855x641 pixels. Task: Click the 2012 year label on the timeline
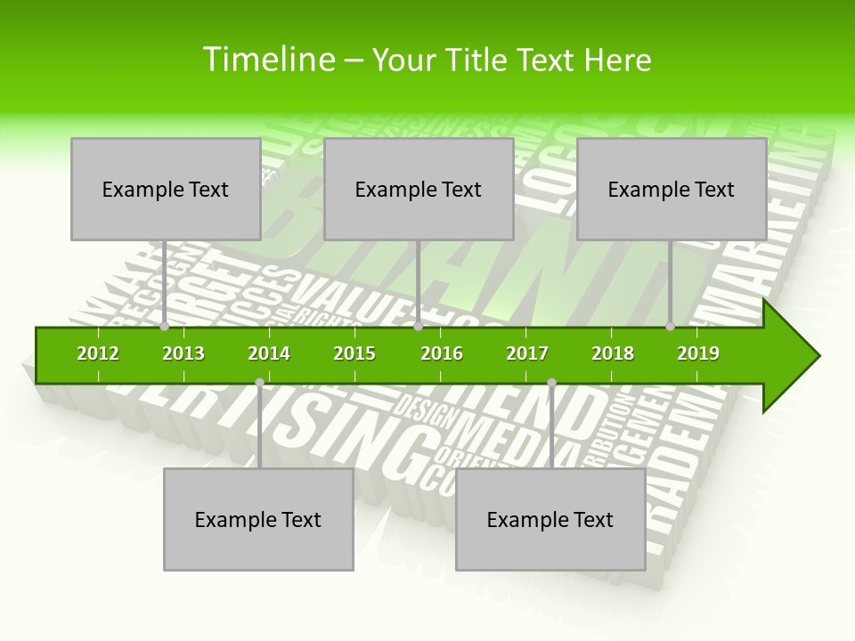coord(98,353)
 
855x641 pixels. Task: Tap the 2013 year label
coord(183,353)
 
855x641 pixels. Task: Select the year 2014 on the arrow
coord(269,353)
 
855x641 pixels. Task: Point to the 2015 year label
coord(354,353)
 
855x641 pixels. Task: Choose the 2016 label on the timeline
coord(442,353)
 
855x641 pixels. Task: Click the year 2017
coord(527,353)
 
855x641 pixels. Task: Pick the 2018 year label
coord(613,353)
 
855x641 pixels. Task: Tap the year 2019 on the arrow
coord(698,353)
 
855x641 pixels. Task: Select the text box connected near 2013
coord(166,189)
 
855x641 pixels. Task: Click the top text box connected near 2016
coord(419,189)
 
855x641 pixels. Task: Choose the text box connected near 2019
coord(672,189)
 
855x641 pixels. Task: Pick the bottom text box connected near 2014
coord(258,519)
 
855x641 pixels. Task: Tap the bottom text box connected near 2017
coord(550,519)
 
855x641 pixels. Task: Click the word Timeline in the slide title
coord(266,60)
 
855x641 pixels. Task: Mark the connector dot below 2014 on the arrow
coord(259,383)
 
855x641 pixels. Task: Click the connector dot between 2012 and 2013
coord(165,327)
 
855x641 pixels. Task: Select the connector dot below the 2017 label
coord(551,383)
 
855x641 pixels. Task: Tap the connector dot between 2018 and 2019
coord(671,327)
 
